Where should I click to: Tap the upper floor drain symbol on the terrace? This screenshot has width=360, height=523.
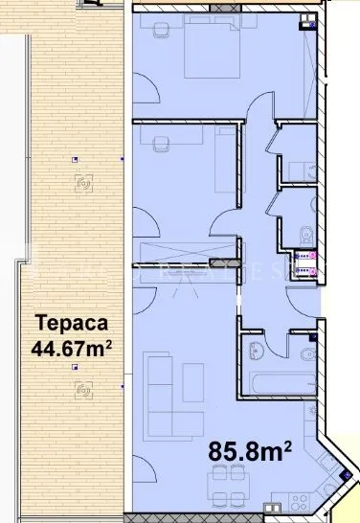84,182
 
